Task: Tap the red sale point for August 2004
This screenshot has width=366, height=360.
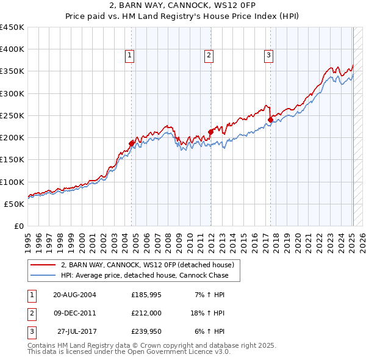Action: point(131,143)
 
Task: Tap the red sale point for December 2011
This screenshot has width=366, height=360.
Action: point(210,131)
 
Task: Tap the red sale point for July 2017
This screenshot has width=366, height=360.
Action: point(270,119)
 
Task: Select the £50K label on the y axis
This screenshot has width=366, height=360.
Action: point(14,204)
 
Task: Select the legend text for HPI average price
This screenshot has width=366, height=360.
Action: point(144,275)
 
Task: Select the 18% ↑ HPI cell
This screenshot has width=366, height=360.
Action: point(207,313)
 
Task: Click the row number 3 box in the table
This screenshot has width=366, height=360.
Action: point(30,331)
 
